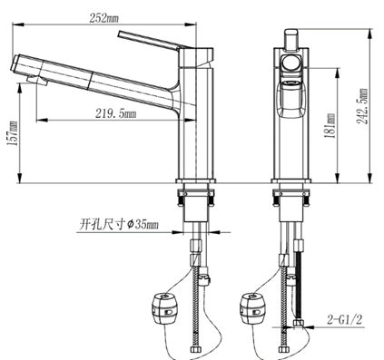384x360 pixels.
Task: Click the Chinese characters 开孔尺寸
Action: click(x=100, y=223)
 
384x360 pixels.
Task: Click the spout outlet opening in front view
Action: click(x=291, y=84)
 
